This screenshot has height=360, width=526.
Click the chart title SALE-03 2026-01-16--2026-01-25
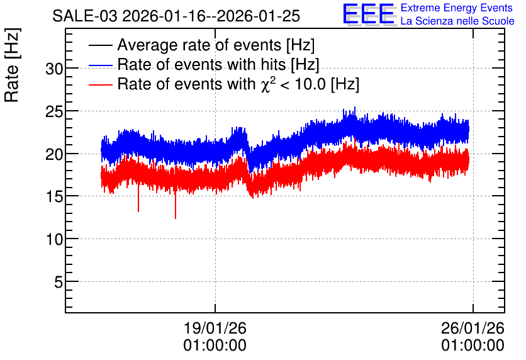(x=176, y=16)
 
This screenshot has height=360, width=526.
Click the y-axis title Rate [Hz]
(x=12, y=65)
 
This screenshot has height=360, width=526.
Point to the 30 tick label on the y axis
(x=54, y=69)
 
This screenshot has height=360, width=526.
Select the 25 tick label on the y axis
(x=54, y=112)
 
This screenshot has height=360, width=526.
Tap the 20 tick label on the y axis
(x=54, y=154)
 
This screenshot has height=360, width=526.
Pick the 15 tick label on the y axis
(x=54, y=196)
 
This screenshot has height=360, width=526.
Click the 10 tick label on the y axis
(x=54, y=239)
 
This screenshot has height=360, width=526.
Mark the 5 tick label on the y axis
(x=59, y=282)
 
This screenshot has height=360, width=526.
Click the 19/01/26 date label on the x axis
(x=215, y=328)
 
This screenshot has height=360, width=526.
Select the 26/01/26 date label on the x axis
(x=473, y=328)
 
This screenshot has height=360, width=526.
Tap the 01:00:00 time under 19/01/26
(x=215, y=346)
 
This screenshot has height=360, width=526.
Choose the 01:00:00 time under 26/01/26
(x=473, y=346)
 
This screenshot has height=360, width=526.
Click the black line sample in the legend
(x=100, y=45)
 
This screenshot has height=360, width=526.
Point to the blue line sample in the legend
(x=100, y=65)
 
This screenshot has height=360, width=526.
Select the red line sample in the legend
(x=100, y=84)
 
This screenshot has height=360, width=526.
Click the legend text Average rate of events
(x=199, y=45)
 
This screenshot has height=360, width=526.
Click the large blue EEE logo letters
(x=368, y=14)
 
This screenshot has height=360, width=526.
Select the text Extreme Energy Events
(x=457, y=8)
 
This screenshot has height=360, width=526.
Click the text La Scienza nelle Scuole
(x=457, y=21)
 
